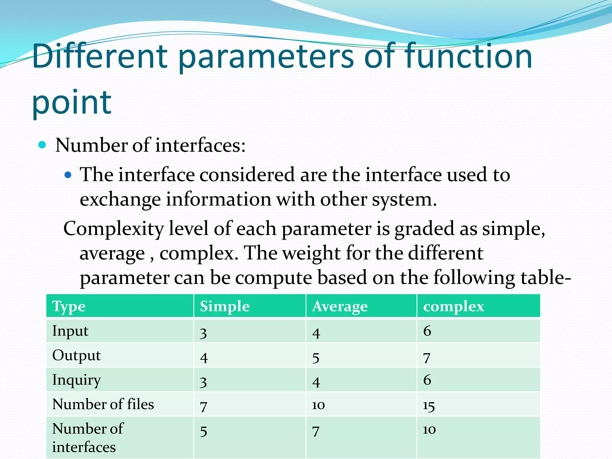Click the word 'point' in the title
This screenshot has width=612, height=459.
[72, 103]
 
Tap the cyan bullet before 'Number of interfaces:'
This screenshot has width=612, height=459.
[42, 145]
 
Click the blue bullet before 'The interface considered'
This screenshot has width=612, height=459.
[68, 175]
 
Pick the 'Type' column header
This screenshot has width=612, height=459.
[69, 307]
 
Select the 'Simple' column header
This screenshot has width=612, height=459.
[225, 307]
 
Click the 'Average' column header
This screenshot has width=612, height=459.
[340, 307]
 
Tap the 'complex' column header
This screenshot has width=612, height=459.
[453, 307]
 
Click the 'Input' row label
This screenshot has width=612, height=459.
[70, 331]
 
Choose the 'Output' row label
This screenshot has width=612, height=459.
[76, 356]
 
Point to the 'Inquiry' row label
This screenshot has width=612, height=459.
[76, 380]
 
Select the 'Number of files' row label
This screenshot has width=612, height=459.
[103, 404]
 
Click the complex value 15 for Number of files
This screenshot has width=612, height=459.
[429, 406]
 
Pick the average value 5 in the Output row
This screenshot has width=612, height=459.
[316, 358]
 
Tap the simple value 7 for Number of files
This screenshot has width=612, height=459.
[204, 407]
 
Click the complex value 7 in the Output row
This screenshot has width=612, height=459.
[427, 358]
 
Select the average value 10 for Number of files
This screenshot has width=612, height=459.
[318, 405]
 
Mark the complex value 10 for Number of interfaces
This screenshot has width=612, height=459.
[429, 430]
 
